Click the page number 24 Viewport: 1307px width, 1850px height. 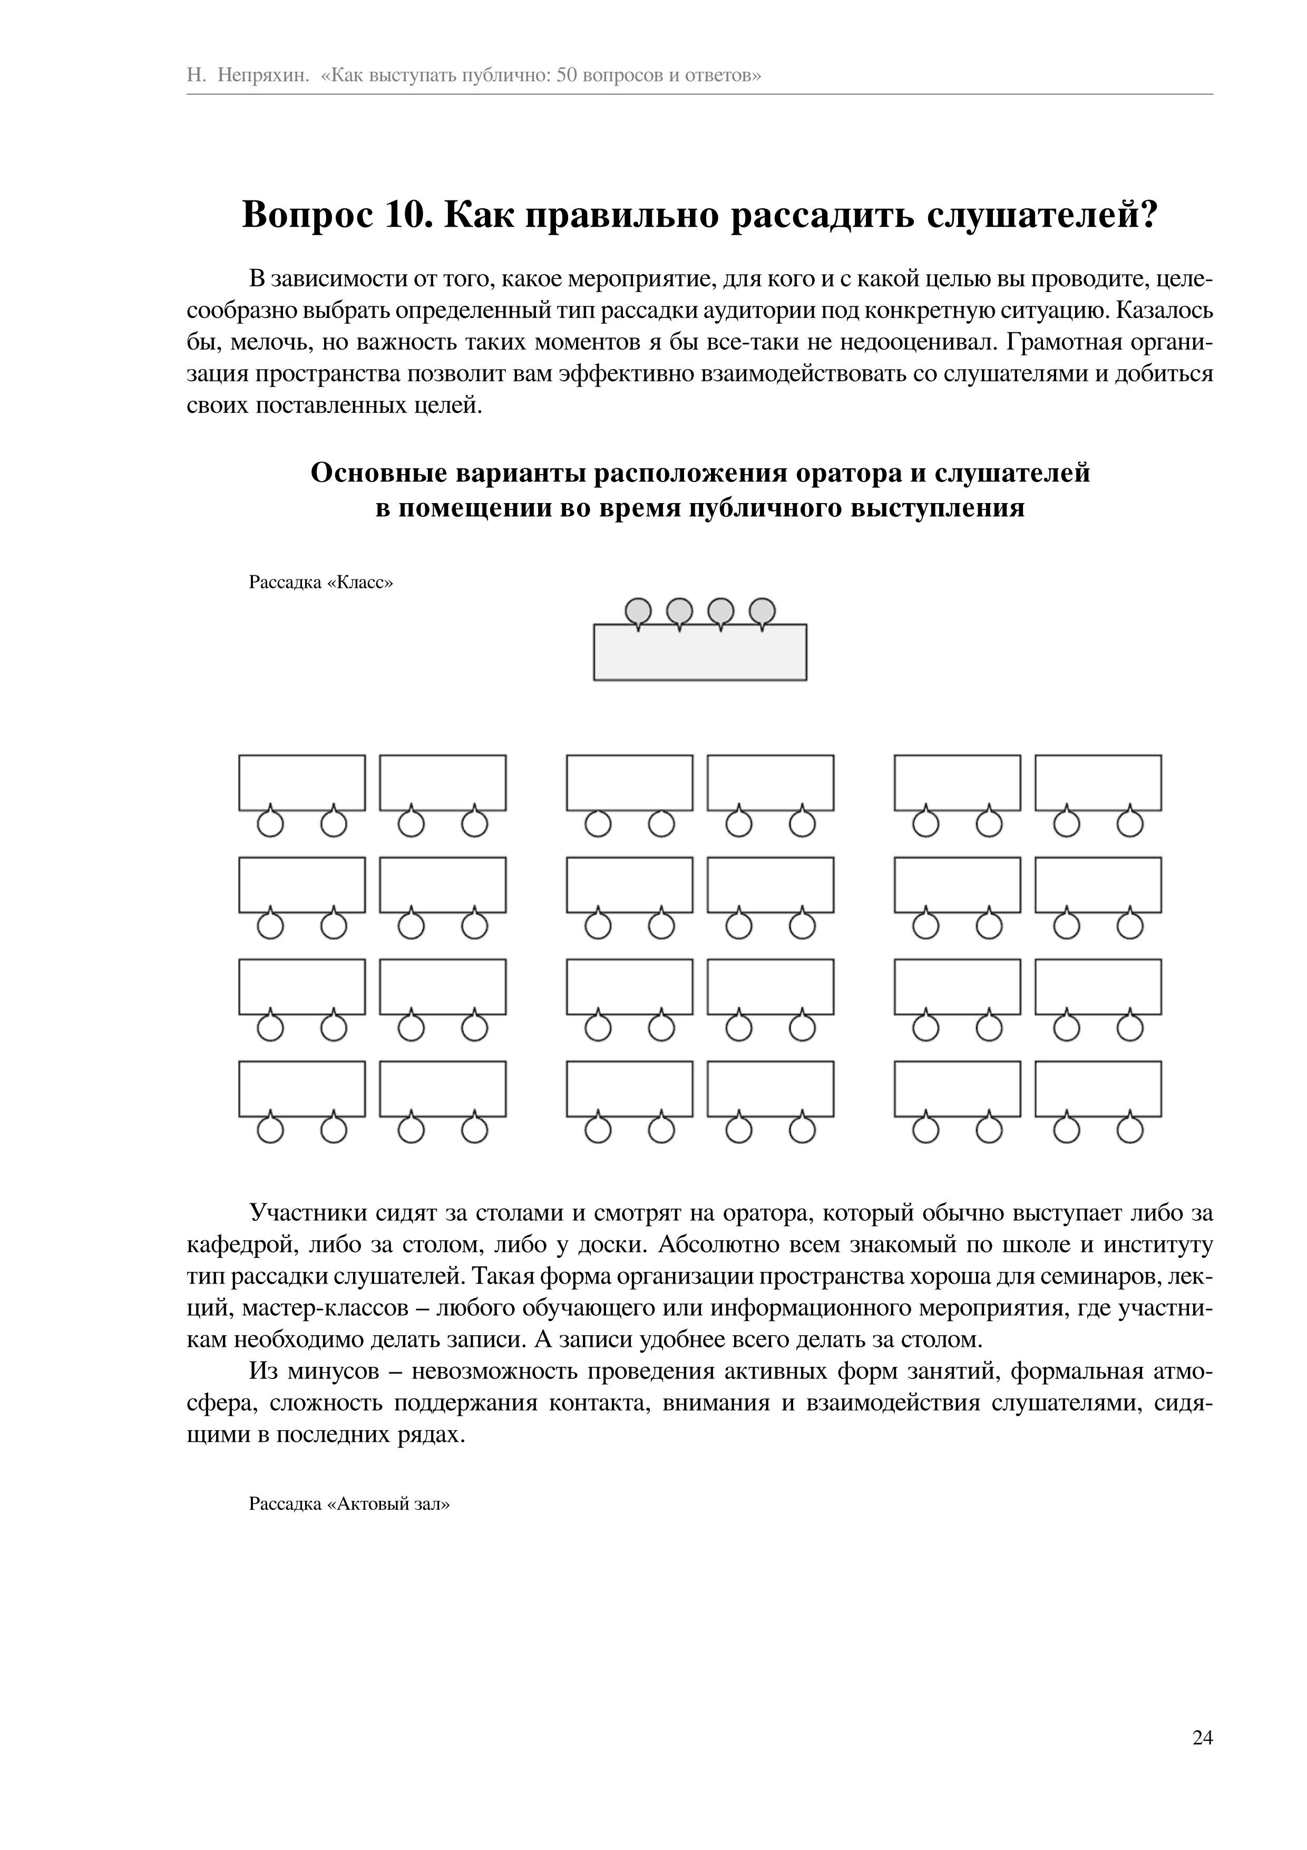[1202, 1738]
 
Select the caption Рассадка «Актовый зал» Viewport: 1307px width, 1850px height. [349, 1504]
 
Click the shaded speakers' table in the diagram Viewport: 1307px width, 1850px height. [700, 653]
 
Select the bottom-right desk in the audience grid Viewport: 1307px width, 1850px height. [1098, 1088]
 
